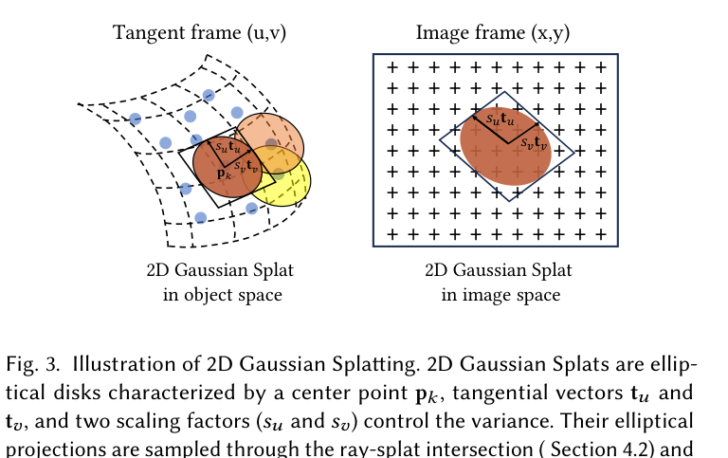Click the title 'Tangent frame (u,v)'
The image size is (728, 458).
pos(199,33)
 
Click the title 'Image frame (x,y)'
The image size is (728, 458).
pos(493,33)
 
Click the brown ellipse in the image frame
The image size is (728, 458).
pos(505,147)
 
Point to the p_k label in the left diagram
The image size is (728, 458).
pos(224,174)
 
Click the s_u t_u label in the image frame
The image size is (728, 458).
pos(500,119)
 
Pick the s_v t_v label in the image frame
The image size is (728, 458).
pos(534,142)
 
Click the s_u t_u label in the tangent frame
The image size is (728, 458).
pos(227,147)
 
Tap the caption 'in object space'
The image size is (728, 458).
pos(223,295)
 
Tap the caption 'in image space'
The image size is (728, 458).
pos(500,295)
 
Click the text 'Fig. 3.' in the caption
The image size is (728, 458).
pos(32,365)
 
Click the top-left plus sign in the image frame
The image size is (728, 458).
pos(392,68)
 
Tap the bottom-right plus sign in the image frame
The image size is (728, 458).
pos(601,234)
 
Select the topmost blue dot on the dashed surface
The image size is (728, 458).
pos(209,95)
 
